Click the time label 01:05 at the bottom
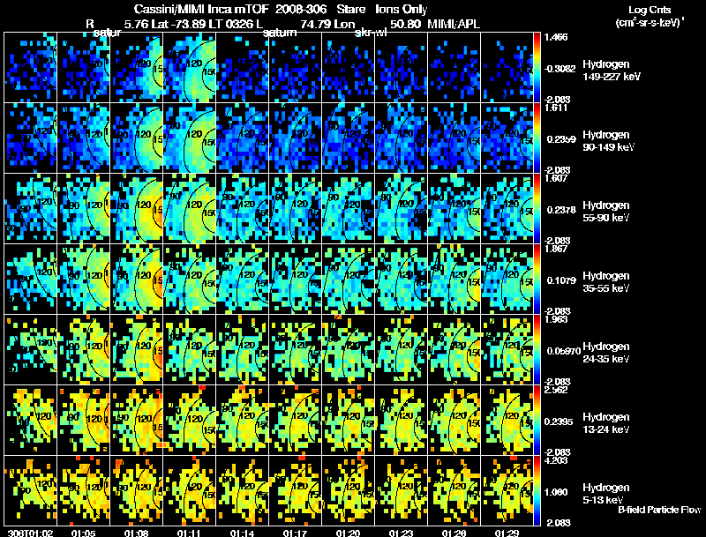point(84,532)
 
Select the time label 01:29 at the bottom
point(507,532)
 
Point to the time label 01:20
point(349,532)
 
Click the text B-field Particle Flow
point(659,510)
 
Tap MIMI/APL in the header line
point(455,24)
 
